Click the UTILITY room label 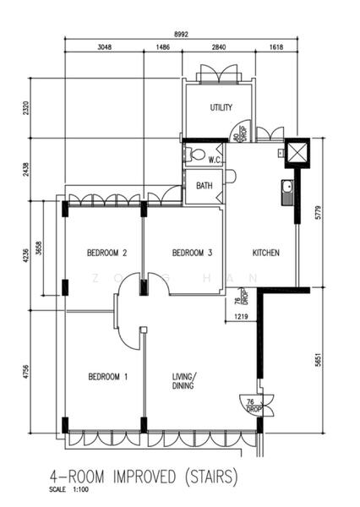pos(221,107)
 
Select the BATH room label pos(205,185)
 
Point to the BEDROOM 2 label pos(107,253)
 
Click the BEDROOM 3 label pos(191,253)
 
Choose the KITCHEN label pos(265,253)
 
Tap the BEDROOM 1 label pos(107,377)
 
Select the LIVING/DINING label pos(184,382)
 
